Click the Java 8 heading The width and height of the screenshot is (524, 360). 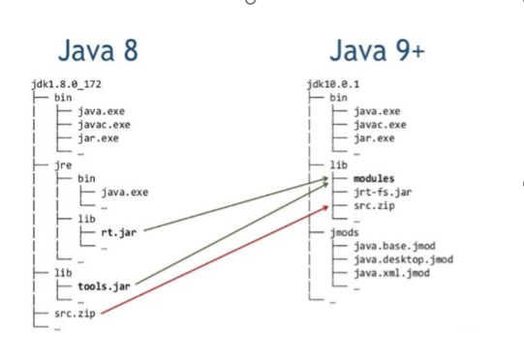(x=98, y=50)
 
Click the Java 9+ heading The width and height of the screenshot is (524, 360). (x=378, y=50)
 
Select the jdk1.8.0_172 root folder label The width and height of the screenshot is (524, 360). (x=67, y=84)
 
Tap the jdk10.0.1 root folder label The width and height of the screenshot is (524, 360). (x=333, y=84)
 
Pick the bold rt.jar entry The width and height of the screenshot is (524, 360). (x=119, y=232)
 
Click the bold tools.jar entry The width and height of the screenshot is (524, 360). (x=104, y=286)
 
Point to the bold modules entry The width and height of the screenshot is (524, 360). (x=374, y=178)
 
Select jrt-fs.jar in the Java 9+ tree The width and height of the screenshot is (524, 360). (x=383, y=193)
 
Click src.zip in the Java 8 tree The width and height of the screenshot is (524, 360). (x=76, y=314)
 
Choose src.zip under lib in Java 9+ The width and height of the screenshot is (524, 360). (x=374, y=206)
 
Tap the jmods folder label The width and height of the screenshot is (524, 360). (x=345, y=232)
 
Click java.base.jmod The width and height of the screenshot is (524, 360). (x=394, y=246)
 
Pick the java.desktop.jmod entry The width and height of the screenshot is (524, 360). (x=404, y=259)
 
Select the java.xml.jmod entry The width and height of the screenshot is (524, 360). (x=392, y=273)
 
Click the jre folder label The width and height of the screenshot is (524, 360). (x=64, y=165)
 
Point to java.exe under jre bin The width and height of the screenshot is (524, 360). (x=125, y=193)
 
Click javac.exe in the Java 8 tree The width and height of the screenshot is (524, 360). (x=105, y=125)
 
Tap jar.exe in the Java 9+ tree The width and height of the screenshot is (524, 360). (x=374, y=138)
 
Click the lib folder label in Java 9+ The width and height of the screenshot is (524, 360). (x=339, y=165)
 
